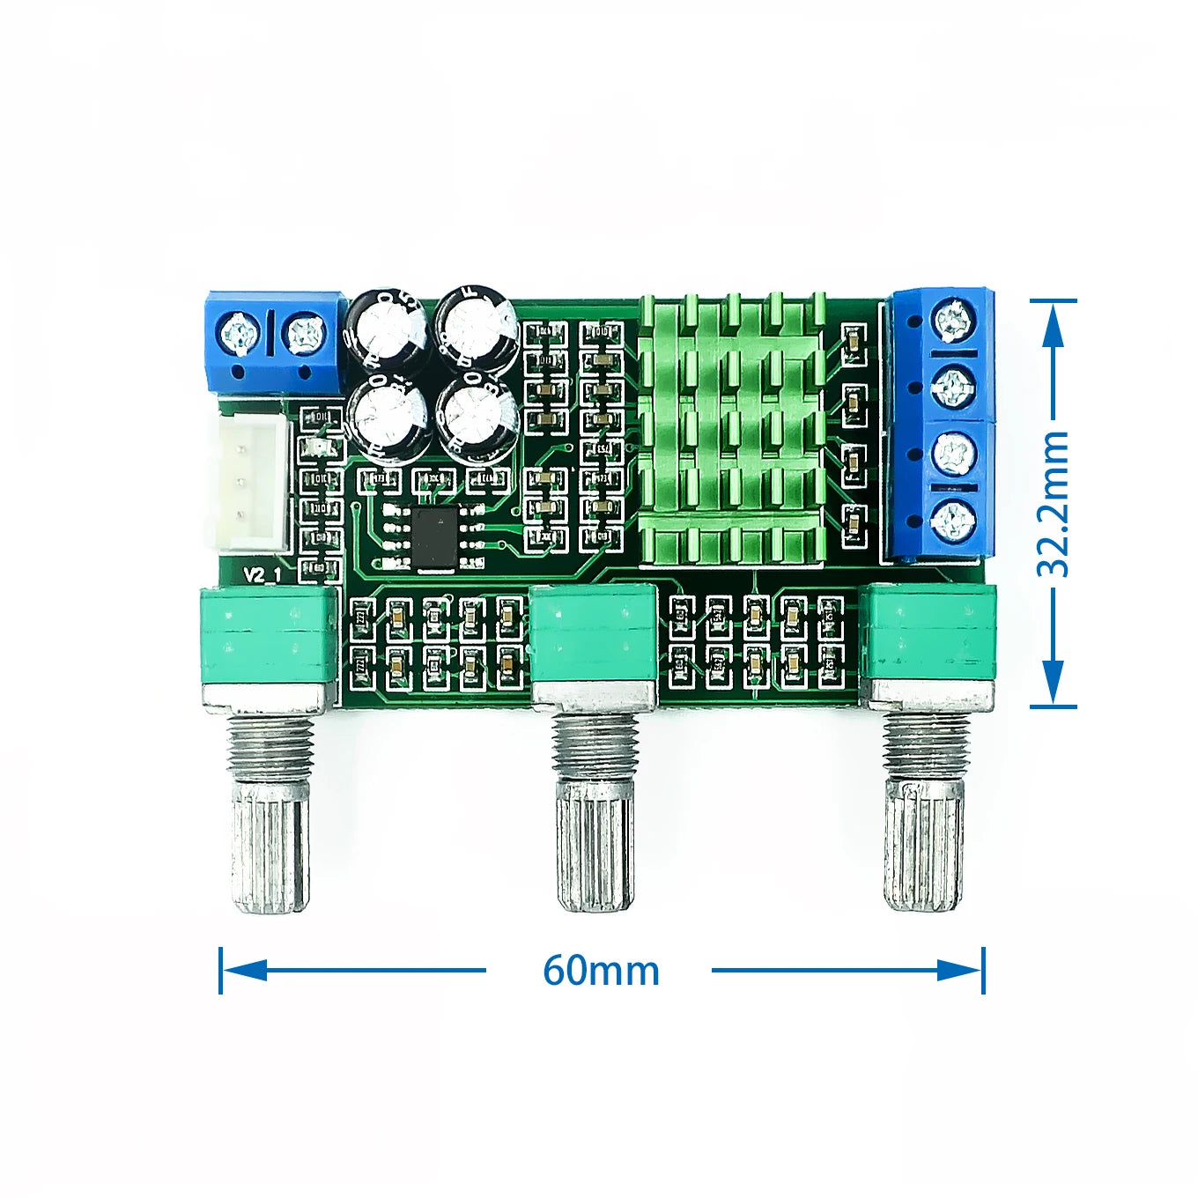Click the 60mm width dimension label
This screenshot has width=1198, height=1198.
pos(601,971)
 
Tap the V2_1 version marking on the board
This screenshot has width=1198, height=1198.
pos(263,575)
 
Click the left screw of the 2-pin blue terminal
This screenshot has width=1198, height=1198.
pos(239,334)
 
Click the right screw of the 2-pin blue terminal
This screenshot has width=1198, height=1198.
pos(306,334)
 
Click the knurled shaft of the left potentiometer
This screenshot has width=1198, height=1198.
pos(270,846)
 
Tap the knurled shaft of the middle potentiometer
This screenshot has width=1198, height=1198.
pos(595,846)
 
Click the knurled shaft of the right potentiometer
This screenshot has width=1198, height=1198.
pos(924,846)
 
